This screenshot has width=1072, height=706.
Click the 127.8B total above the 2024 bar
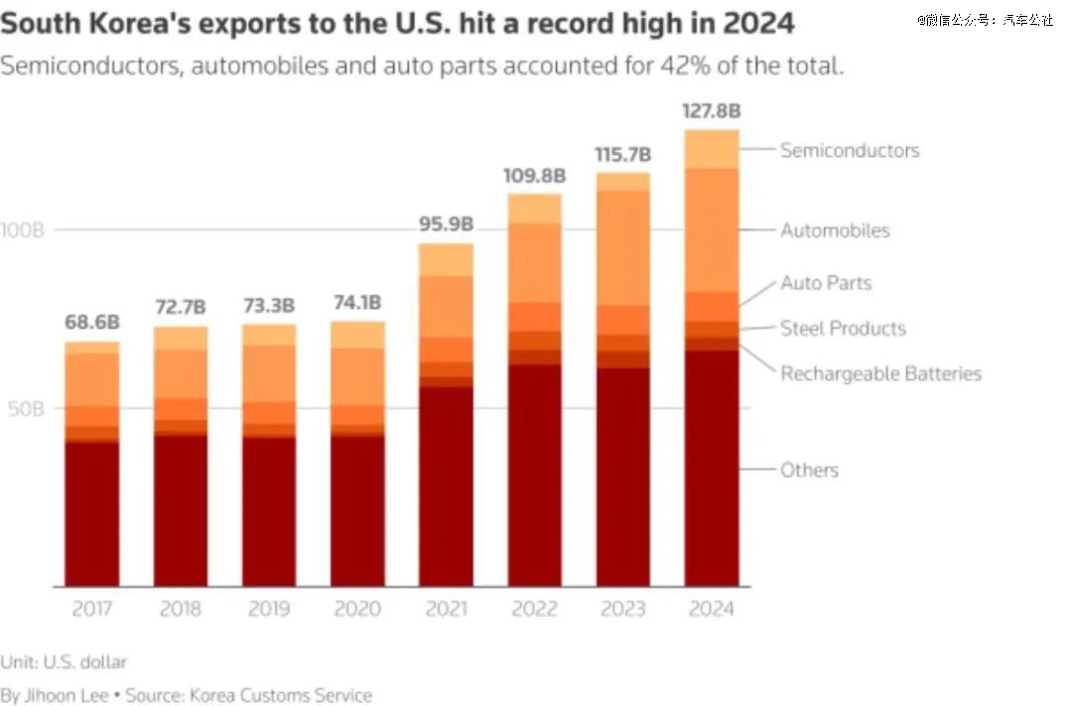[x=711, y=110]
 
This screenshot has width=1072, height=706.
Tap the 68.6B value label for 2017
[x=91, y=323]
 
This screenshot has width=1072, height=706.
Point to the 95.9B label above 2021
[x=446, y=224]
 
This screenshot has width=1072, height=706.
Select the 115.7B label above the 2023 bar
[x=622, y=155]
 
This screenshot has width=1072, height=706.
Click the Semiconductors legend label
[x=850, y=150]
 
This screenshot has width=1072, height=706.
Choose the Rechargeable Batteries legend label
[x=880, y=374]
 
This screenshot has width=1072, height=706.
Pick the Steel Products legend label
[x=843, y=329]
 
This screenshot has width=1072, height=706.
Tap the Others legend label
[x=809, y=471]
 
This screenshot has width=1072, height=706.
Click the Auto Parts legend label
[x=826, y=283]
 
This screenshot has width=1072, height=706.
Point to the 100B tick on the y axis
[x=23, y=230]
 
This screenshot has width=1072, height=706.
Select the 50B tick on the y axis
[x=27, y=408]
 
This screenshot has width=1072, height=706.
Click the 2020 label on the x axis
[x=357, y=609]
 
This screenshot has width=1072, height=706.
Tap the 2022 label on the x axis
[x=534, y=609]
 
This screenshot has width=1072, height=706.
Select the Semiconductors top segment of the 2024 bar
[x=711, y=149]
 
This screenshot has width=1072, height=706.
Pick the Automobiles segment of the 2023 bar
[x=622, y=247]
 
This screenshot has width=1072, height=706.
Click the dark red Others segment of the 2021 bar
[x=446, y=487]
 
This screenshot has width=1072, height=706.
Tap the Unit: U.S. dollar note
[x=64, y=661]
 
